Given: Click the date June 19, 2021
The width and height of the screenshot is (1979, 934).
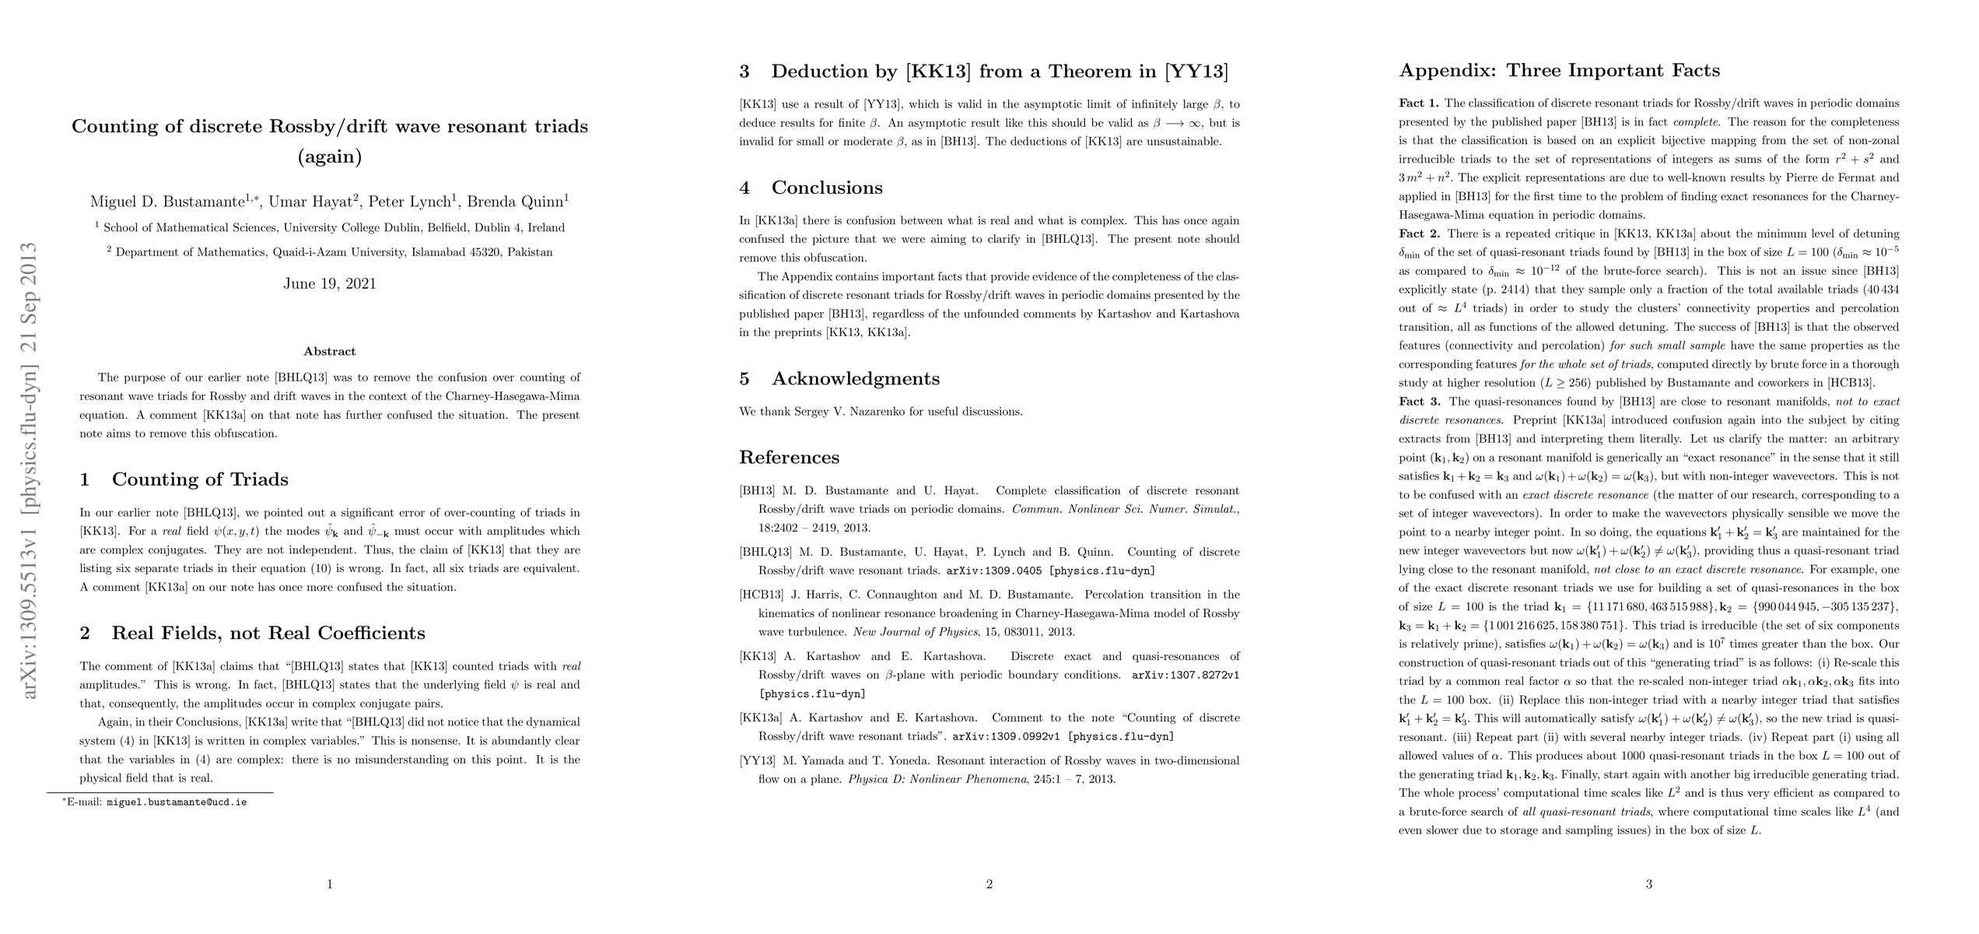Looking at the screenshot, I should coord(329,283).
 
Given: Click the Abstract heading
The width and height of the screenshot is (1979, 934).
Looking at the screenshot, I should coord(329,351).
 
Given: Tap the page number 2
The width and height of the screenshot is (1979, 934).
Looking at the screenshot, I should coord(989,884).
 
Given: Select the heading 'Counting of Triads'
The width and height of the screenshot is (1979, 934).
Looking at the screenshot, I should coord(199,479).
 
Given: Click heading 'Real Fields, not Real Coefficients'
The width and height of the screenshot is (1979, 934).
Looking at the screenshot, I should coord(268,633).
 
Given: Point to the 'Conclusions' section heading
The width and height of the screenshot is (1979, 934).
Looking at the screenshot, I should coord(826,188).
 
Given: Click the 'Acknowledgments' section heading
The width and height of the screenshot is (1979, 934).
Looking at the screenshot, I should coord(855,379).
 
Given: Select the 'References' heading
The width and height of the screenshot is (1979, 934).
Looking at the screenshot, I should coord(789,457).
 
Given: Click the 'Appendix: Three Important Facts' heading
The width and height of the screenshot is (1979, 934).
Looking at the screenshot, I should coord(1559,71).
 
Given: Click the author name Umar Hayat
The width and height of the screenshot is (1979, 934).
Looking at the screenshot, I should coord(310,202).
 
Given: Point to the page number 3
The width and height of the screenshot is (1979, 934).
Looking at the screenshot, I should coord(1648,884).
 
